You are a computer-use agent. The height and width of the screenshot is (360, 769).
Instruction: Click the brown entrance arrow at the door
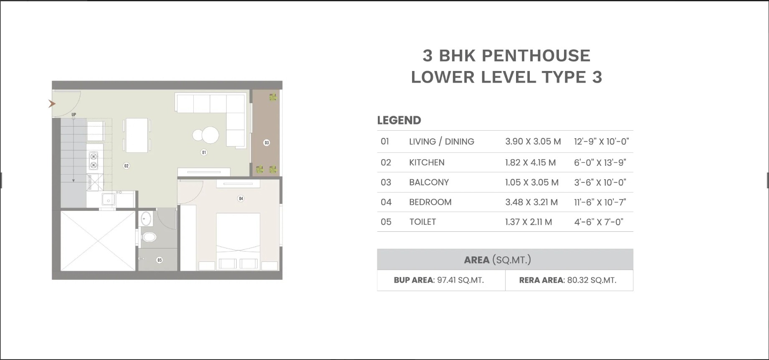point(52,104)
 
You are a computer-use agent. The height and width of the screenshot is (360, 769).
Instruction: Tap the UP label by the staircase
point(74,114)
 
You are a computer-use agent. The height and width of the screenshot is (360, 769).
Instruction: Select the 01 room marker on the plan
point(204,152)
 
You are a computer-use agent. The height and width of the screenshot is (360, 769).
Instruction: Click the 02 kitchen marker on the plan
point(126,166)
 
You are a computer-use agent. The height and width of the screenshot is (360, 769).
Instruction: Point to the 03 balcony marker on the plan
point(266,143)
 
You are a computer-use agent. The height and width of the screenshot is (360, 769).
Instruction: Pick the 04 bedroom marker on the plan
point(240,198)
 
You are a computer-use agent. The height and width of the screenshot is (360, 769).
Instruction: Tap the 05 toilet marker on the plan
point(159,260)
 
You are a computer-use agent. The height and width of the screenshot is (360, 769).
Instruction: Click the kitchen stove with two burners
point(94,161)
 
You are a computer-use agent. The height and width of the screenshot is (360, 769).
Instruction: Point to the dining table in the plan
point(137,135)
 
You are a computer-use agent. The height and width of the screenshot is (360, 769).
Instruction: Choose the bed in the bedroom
point(238,238)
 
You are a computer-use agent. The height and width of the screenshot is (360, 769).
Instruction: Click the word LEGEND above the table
point(399,120)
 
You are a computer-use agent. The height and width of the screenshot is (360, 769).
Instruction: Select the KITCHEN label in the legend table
point(427,162)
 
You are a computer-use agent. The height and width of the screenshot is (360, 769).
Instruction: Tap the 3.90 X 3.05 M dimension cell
point(533,142)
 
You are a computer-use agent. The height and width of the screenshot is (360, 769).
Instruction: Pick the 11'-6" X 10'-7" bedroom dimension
point(600,202)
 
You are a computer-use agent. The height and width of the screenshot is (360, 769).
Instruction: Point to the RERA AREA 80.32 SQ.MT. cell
point(568,280)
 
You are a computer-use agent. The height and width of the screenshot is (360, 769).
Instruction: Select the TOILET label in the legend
point(422,222)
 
